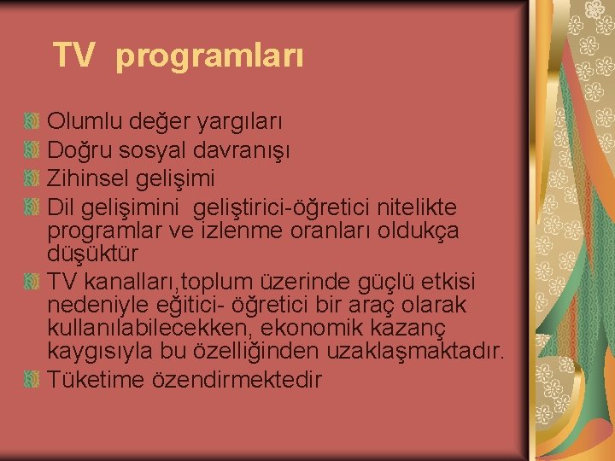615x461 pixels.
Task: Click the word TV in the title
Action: pos(73,56)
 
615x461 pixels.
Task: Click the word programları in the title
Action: pos(209,58)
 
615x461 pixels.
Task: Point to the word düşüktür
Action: pos(92,254)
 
